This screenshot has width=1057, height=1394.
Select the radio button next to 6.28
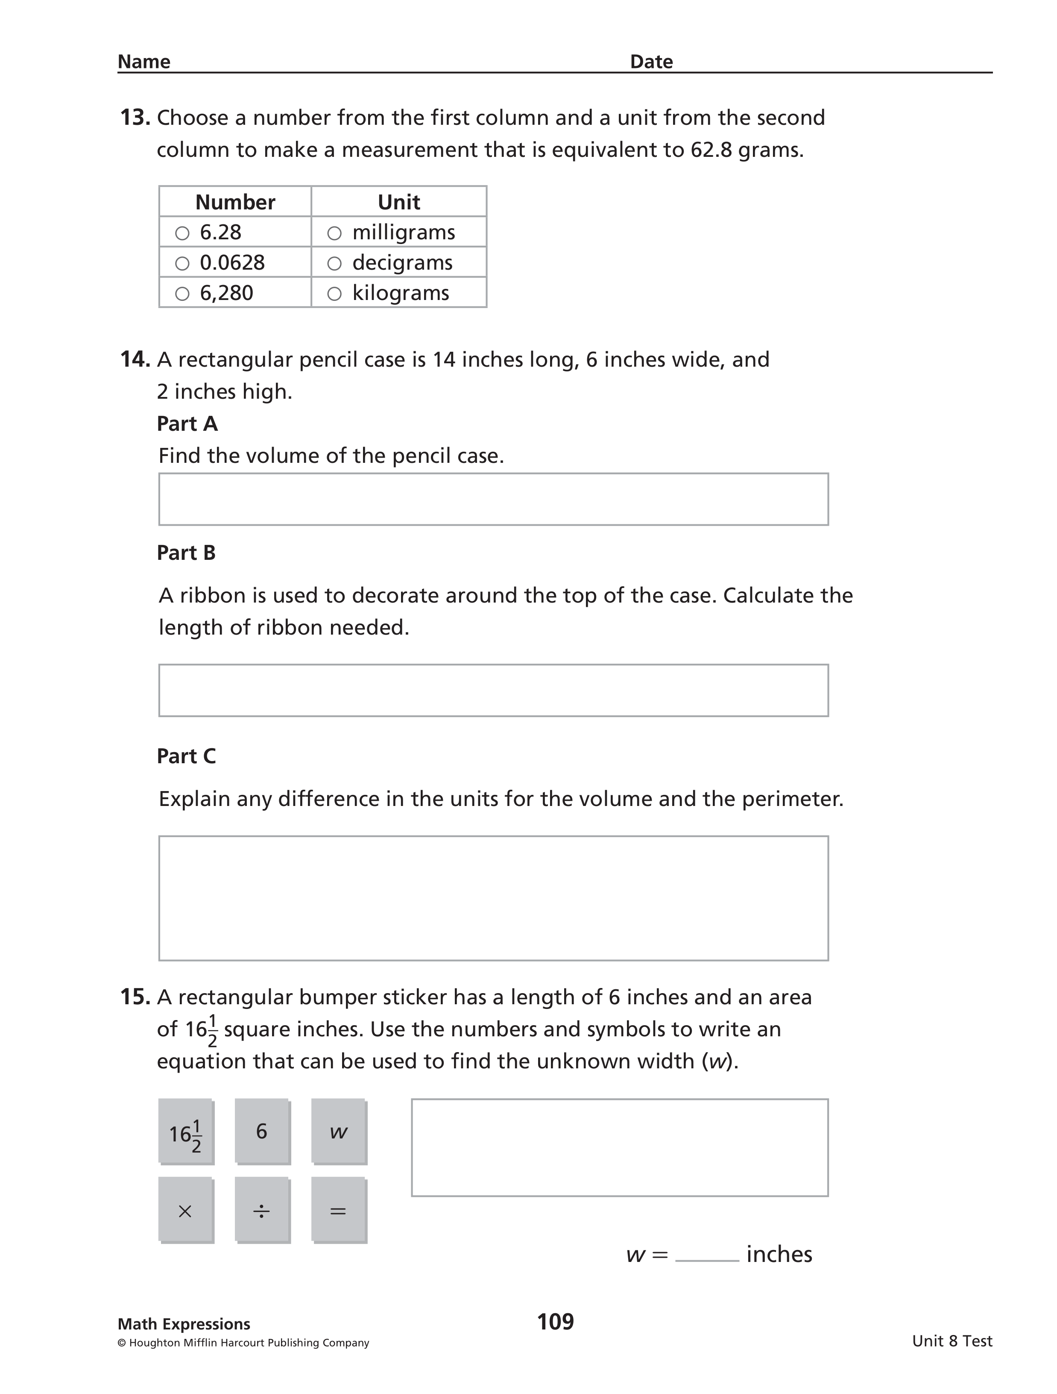pyautogui.click(x=182, y=233)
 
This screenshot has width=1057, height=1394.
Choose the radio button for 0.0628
pyautogui.click(x=182, y=263)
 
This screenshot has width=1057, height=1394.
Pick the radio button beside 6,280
pyautogui.click(x=182, y=294)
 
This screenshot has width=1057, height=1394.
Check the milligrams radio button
pyautogui.click(x=334, y=233)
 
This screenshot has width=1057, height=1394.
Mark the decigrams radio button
pyautogui.click(x=334, y=263)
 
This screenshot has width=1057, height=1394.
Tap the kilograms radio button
pyautogui.click(x=334, y=294)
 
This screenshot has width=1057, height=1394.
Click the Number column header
pyautogui.click(x=235, y=202)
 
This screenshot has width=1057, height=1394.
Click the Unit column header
pyautogui.click(x=399, y=202)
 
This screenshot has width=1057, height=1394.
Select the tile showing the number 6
pyautogui.click(x=262, y=1132)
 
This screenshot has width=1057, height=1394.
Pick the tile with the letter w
pyautogui.click(x=338, y=1132)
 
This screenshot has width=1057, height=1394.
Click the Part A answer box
pyautogui.click(x=493, y=499)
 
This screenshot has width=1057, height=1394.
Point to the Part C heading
pyautogui.click(x=187, y=756)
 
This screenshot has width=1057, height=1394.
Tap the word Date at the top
pyautogui.click(x=651, y=62)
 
